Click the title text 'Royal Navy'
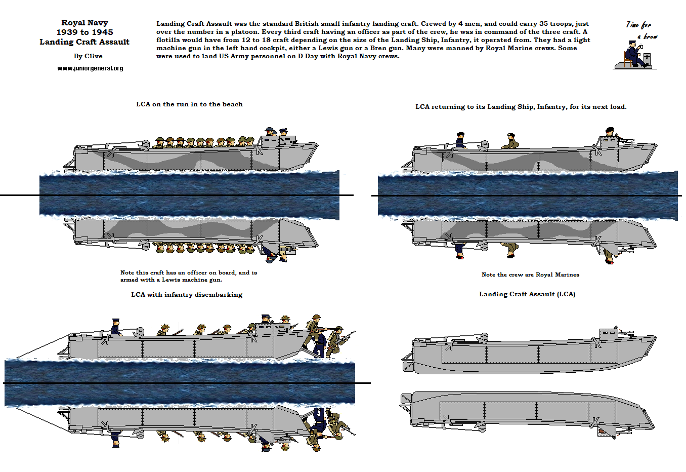click(x=84, y=23)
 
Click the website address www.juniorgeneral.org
click(x=90, y=68)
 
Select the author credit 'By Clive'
click(x=88, y=56)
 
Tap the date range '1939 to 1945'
click(x=84, y=32)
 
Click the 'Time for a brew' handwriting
click(x=641, y=30)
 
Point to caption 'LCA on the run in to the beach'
click(x=189, y=104)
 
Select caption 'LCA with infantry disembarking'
click(x=187, y=295)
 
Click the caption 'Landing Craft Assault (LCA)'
click(x=527, y=294)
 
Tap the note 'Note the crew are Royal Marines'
click(x=530, y=275)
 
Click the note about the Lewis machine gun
click(x=188, y=276)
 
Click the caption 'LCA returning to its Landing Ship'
click(x=521, y=107)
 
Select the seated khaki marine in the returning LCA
click(x=510, y=141)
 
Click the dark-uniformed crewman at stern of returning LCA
click(x=460, y=140)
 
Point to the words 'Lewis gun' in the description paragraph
click(x=335, y=48)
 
